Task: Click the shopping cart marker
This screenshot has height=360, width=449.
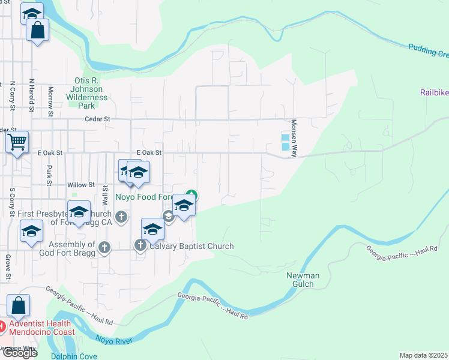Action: click(x=17, y=143)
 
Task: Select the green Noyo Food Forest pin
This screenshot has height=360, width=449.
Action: click(x=191, y=194)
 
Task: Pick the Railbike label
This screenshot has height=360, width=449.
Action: click(x=433, y=92)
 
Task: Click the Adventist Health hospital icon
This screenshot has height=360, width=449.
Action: click(x=2, y=327)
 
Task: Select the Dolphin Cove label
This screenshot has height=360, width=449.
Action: click(x=74, y=356)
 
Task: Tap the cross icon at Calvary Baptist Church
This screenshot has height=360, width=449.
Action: click(x=140, y=245)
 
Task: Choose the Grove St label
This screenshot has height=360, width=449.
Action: click(x=8, y=268)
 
